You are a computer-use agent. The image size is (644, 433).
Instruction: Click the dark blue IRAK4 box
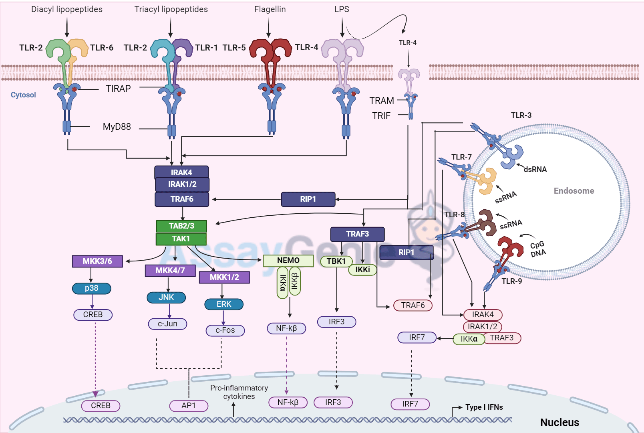(181, 172)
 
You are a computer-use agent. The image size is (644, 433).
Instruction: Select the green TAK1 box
(181, 239)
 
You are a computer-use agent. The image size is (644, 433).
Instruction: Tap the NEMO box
(288, 261)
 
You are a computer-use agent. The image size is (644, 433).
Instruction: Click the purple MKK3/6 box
(97, 261)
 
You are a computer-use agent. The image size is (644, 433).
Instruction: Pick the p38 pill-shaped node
(92, 288)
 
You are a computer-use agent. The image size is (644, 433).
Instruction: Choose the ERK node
(224, 304)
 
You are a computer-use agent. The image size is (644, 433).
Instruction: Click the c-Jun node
(167, 324)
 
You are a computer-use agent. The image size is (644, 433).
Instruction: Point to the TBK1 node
(336, 261)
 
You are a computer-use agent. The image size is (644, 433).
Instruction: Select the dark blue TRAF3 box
(357, 234)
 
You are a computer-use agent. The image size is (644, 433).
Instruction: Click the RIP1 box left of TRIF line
(308, 199)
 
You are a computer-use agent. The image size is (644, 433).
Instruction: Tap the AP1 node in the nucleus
(189, 406)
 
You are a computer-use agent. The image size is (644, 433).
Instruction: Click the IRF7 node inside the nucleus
(410, 404)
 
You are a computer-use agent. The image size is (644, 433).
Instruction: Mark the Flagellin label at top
(270, 9)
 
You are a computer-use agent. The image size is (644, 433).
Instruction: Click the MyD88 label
(117, 127)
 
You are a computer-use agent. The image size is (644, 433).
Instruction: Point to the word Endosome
(574, 191)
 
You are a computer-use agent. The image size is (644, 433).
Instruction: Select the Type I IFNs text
(484, 407)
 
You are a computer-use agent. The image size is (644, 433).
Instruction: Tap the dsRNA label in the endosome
(535, 170)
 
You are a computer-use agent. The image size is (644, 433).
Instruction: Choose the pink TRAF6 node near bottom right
(413, 306)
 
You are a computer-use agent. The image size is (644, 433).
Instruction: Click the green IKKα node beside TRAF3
(469, 339)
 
